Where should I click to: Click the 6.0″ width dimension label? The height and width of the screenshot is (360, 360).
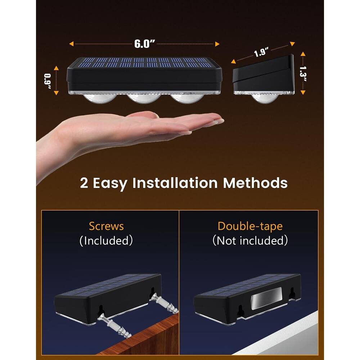(x=145, y=44)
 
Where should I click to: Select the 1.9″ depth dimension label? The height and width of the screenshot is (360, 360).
(x=262, y=53)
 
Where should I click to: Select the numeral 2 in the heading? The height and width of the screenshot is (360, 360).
(x=84, y=183)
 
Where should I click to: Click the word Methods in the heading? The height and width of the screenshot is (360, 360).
(x=255, y=183)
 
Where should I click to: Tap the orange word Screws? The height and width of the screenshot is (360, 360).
(x=106, y=226)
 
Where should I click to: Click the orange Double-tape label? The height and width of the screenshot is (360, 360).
(x=250, y=226)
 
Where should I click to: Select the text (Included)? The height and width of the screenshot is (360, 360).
(x=106, y=240)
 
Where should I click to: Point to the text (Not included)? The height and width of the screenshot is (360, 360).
(x=250, y=240)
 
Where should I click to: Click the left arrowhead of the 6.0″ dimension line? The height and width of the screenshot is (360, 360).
(x=72, y=44)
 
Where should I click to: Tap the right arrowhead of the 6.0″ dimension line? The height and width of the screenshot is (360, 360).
(x=217, y=44)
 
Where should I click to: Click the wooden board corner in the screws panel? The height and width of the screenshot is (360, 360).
(x=144, y=335)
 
